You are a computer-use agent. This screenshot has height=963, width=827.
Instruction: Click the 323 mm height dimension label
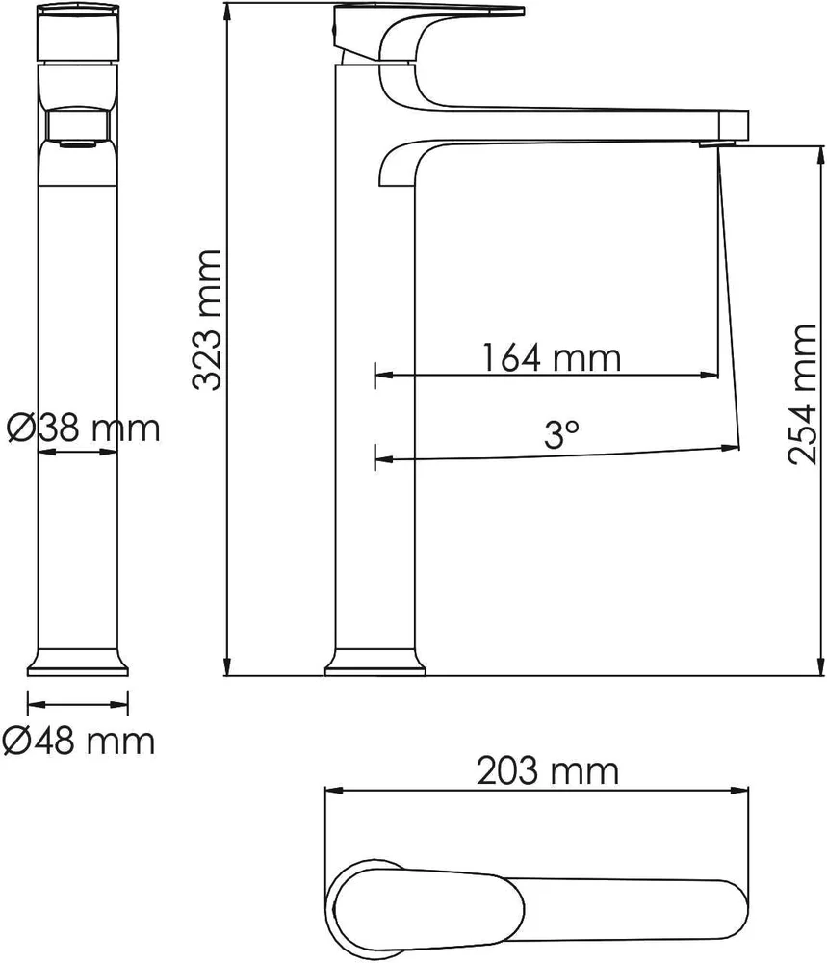coord(206,320)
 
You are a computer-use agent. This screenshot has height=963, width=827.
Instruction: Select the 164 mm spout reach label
coord(551,358)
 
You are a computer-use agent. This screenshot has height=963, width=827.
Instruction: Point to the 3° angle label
coord(561,434)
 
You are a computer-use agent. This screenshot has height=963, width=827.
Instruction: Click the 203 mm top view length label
coord(548,770)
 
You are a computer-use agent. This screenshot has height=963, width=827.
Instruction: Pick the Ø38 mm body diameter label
coord(84,428)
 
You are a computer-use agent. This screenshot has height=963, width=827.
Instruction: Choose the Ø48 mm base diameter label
coord(79,741)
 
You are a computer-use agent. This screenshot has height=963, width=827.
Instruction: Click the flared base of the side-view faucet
coord(375,663)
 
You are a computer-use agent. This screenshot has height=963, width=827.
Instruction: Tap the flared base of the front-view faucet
coord(78,663)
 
